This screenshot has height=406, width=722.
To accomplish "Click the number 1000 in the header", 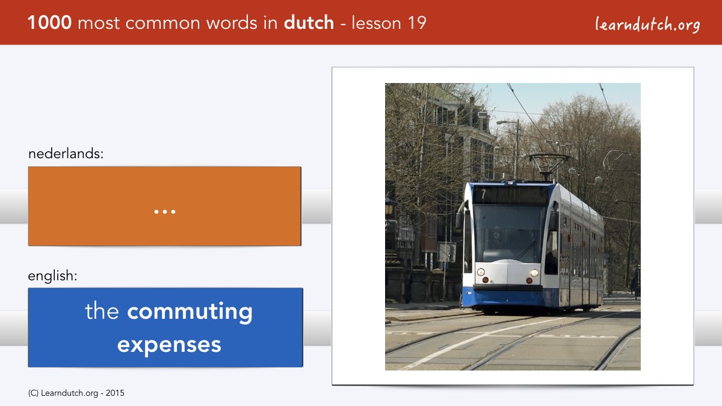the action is [49, 23].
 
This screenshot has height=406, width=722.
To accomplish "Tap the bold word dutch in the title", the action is [309, 23].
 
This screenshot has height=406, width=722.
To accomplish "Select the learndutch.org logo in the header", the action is [647, 25].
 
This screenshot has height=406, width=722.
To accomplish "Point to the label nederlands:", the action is [66, 153].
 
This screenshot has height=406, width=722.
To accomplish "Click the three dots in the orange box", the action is [165, 212].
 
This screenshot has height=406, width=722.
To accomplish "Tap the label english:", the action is [52, 276].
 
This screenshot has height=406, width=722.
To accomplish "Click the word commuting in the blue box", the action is [190, 312].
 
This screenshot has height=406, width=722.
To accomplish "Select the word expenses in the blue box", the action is [169, 345].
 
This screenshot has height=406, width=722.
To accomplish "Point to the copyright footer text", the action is [76, 393].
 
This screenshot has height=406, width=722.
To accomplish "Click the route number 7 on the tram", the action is [484, 194].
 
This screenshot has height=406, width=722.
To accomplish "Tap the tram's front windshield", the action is [509, 233].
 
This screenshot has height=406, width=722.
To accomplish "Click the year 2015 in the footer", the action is [115, 393].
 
